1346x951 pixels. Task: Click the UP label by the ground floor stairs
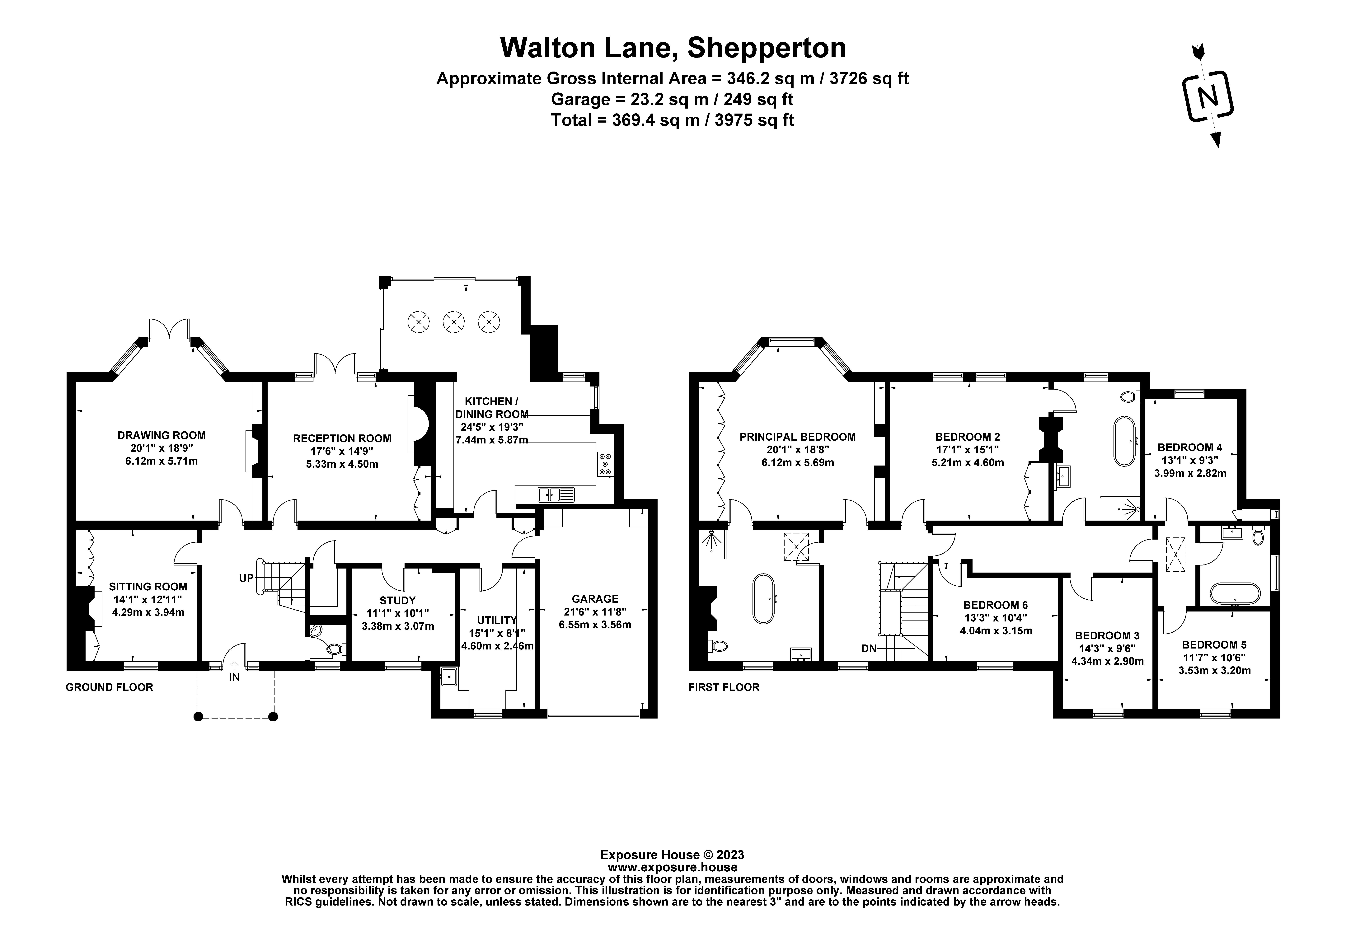click(x=246, y=578)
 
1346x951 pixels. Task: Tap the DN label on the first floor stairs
click(x=869, y=649)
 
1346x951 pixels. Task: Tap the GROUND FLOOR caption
click(x=110, y=687)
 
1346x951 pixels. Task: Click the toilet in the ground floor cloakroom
click(x=335, y=649)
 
